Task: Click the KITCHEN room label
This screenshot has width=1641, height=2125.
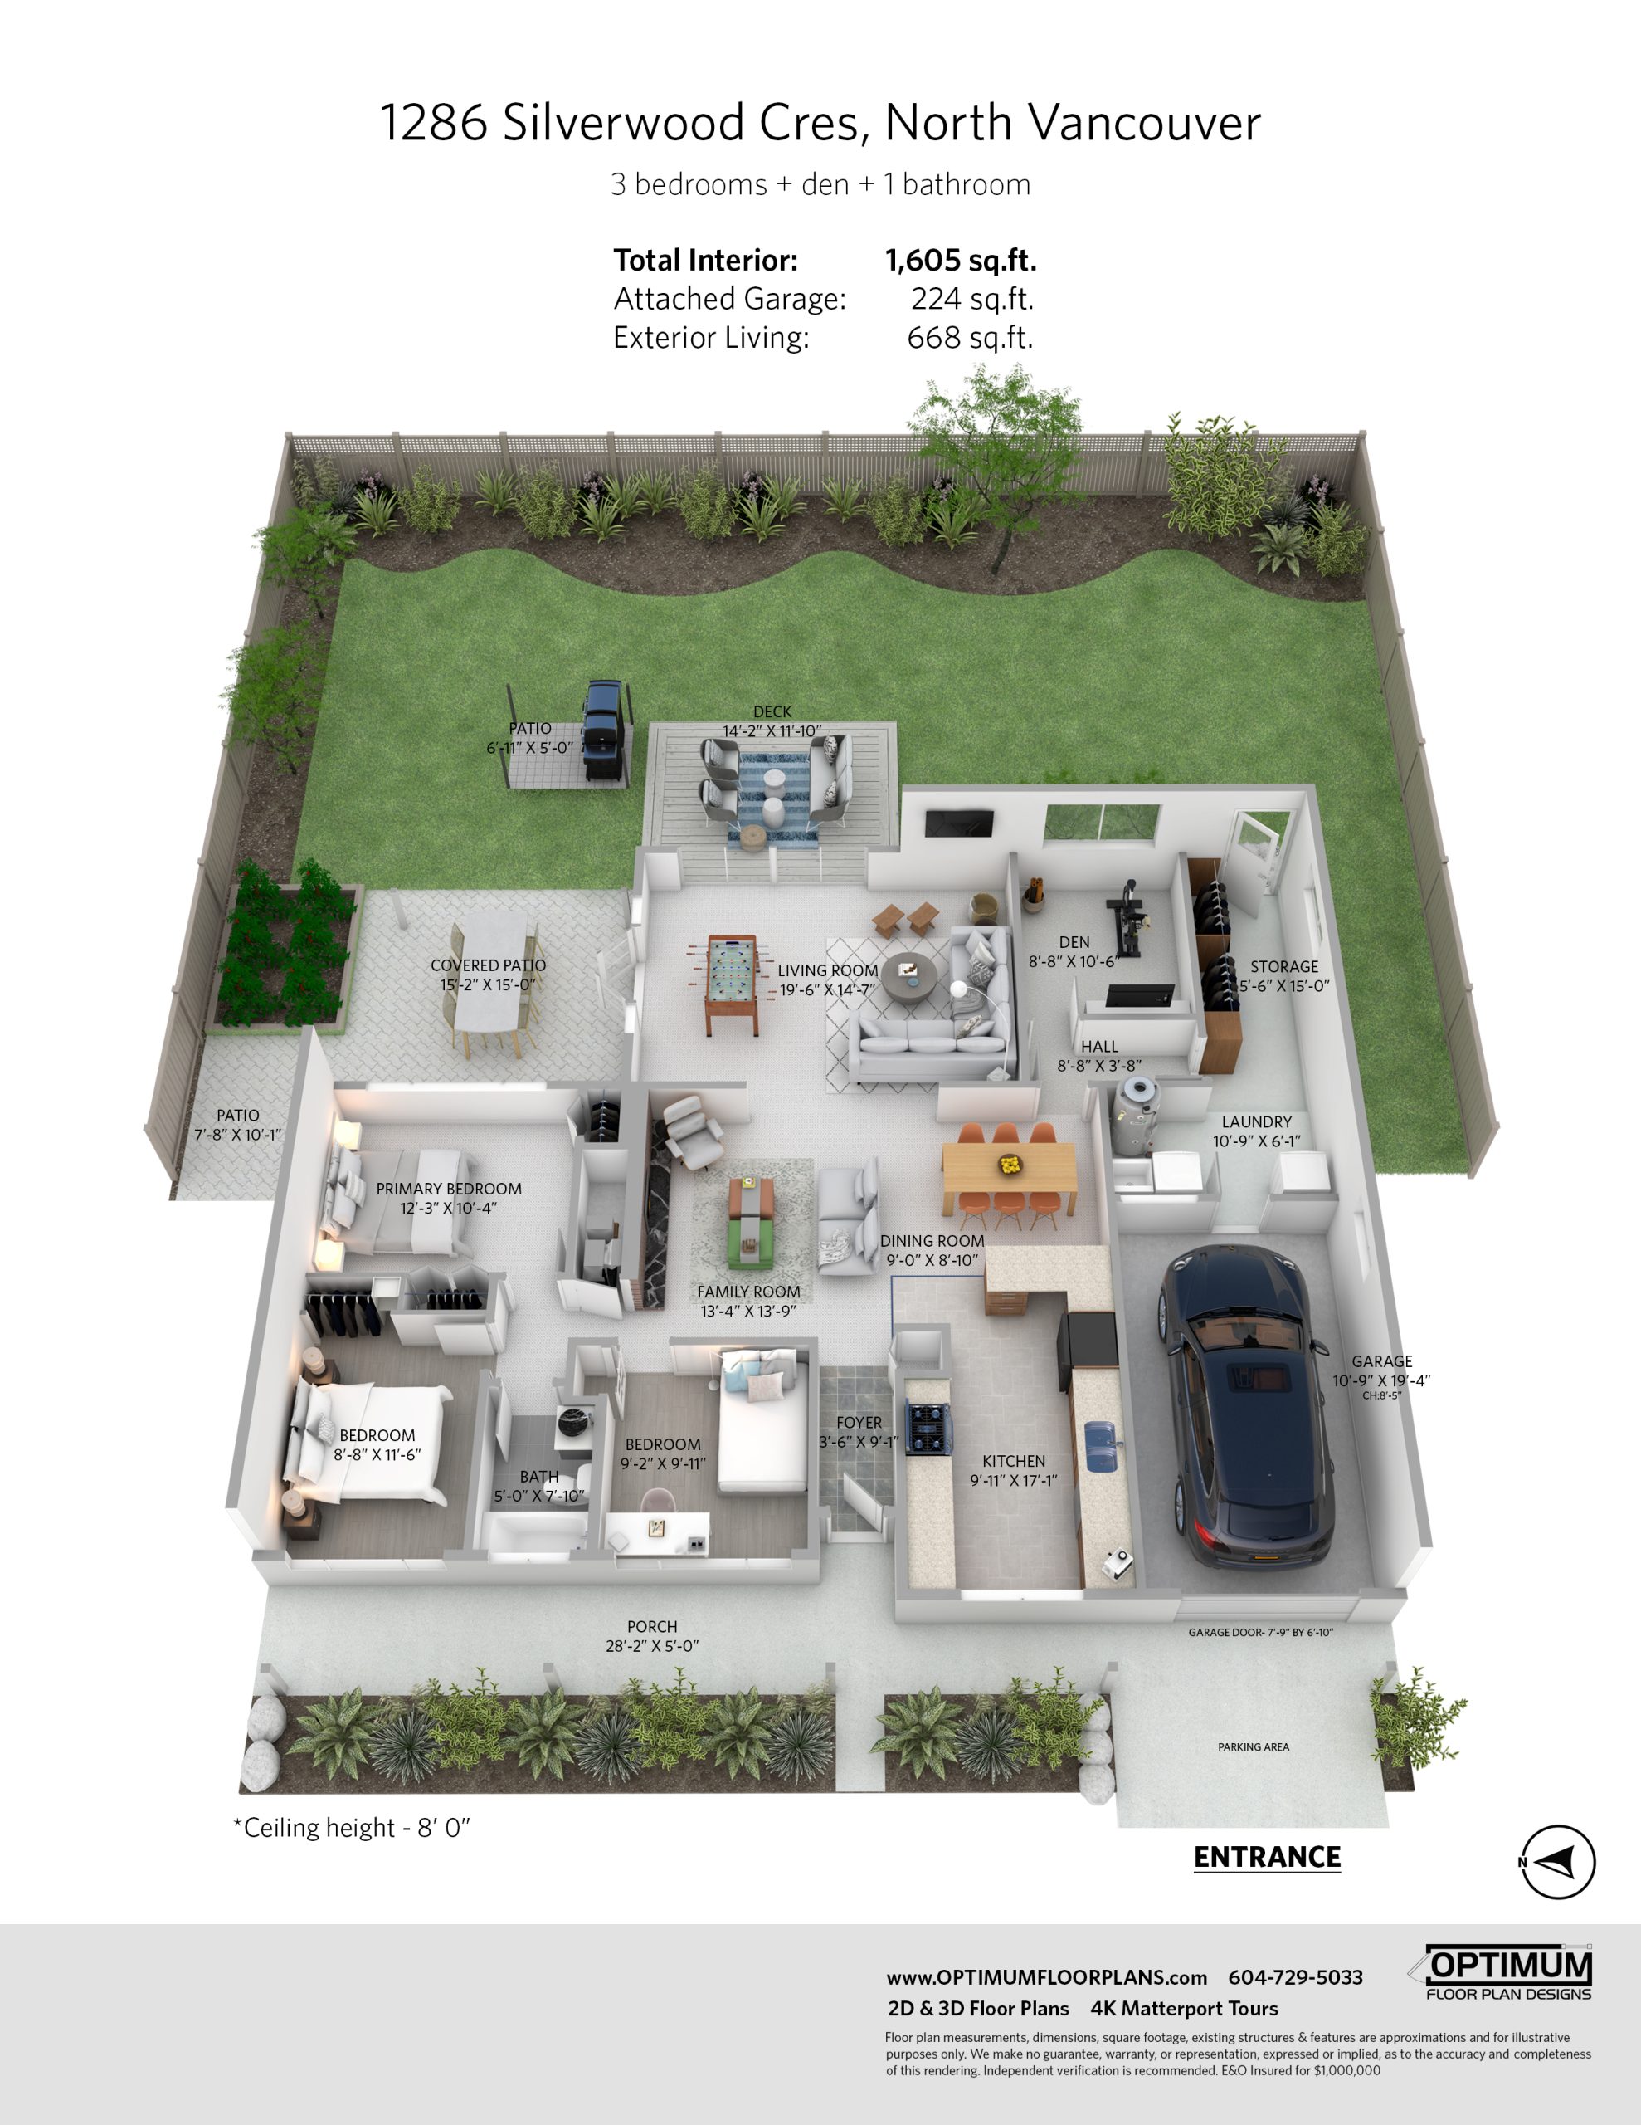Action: click(1014, 1462)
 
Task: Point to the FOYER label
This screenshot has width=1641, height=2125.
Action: click(859, 1423)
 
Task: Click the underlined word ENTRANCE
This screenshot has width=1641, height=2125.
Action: click(1267, 1858)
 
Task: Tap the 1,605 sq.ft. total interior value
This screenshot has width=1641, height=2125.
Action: click(960, 260)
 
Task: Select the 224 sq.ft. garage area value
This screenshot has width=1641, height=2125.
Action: click(971, 299)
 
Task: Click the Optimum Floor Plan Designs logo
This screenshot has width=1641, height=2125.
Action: click(1504, 1973)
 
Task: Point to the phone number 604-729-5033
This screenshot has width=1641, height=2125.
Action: click(1296, 1977)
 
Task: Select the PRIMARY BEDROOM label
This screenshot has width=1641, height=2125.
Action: click(449, 1189)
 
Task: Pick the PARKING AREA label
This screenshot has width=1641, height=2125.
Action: click(1253, 1747)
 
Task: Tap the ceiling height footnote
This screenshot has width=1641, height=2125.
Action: click(351, 1828)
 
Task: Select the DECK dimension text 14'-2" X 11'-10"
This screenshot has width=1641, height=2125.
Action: click(772, 730)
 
